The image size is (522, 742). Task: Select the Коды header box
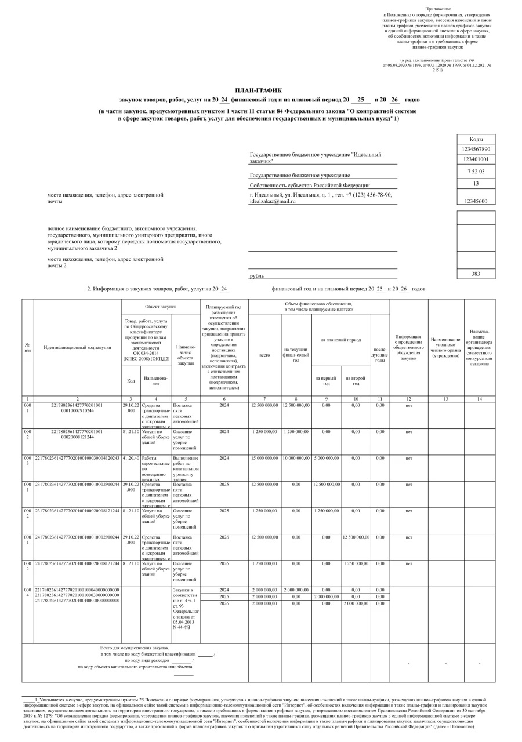point(476,139)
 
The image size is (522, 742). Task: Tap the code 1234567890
point(476,149)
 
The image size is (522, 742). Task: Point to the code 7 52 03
point(476,172)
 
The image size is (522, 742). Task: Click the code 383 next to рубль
point(476,274)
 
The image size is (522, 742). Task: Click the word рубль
point(256,277)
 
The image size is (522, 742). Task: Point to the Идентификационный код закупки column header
point(77,347)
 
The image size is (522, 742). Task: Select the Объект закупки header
point(161,306)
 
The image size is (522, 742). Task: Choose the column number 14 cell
point(479,398)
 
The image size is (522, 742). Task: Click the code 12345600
point(476,201)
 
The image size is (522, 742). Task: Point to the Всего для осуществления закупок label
point(135,647)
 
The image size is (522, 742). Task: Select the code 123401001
point(476,159)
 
